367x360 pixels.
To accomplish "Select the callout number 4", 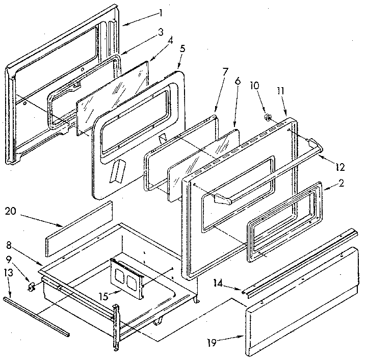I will (x=169, y=40).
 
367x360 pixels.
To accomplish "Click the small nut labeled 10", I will (x=267, y=117).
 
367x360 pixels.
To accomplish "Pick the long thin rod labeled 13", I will (x=36, y=317).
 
